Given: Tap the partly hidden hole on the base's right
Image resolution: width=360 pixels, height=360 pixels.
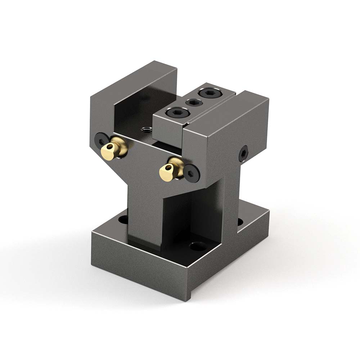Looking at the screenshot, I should click(x=239, y=221).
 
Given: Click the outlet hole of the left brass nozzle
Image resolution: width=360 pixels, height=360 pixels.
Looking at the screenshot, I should click(x=107, y=148).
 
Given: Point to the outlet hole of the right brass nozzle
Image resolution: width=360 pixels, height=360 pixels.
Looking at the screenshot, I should click(x=166, y=167).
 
